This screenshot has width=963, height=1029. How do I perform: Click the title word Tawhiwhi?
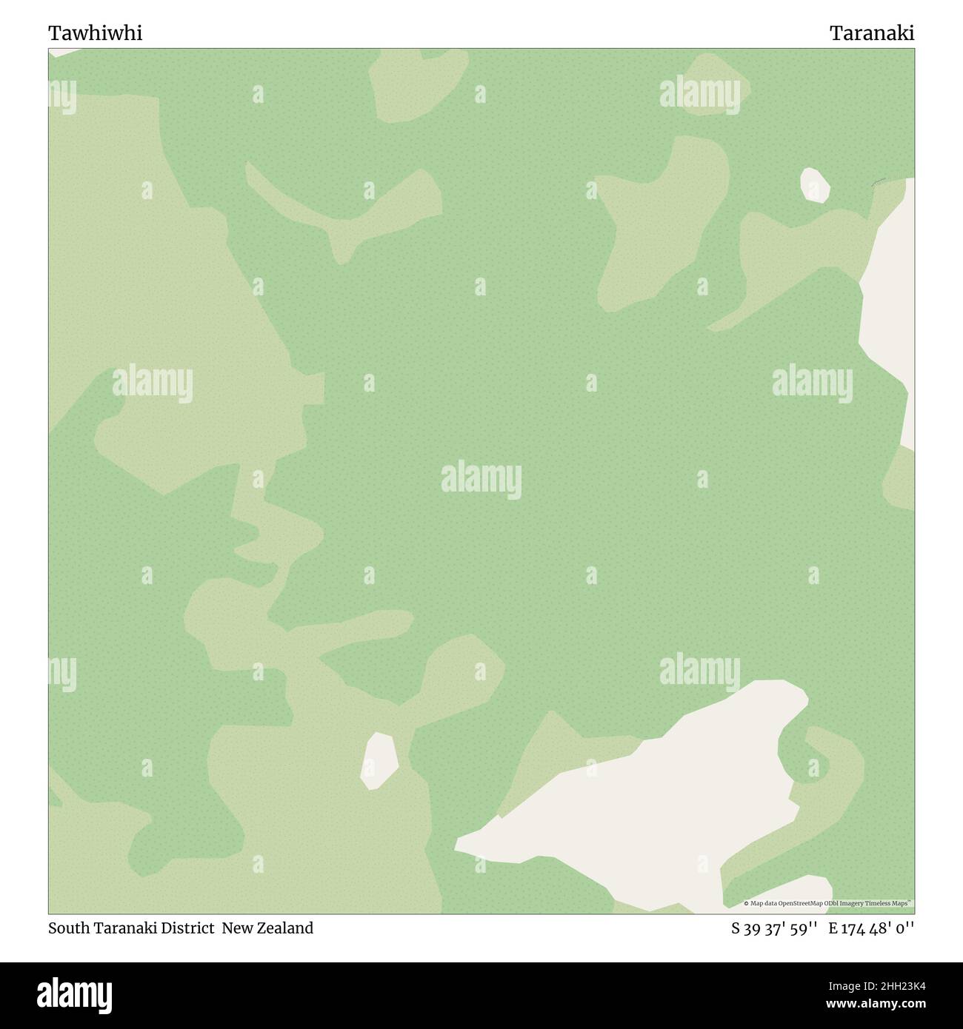(96, 33)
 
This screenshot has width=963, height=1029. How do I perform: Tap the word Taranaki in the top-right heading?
(872, 33)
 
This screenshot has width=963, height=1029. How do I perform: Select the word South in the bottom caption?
(68, 928)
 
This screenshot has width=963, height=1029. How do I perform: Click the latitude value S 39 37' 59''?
(774, 928)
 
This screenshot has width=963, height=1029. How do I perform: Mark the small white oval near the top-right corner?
(814, 185)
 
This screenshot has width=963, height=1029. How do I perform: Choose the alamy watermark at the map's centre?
(481, 480)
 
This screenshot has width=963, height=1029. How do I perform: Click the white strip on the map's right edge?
(889, 311)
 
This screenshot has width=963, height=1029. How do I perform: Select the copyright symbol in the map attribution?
(746, 903)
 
